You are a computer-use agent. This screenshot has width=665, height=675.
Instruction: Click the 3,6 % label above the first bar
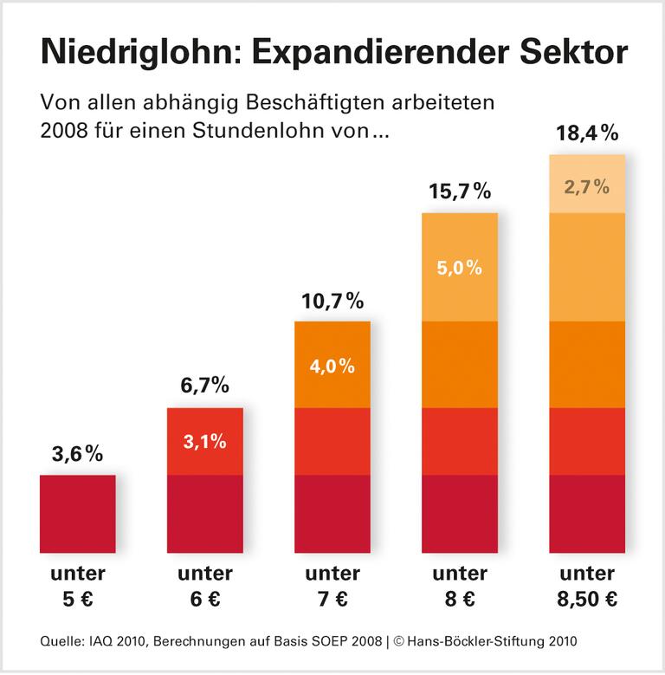pyautogui.click(x=78, y=454)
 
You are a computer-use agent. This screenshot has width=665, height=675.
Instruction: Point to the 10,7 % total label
pyautogui.click(x=332, y=302)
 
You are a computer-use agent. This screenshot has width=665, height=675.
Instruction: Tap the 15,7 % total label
pyautogui.click(x=460, y=192)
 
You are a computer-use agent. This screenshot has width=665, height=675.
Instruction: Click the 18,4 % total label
pyautogui.click(x=587, y=133)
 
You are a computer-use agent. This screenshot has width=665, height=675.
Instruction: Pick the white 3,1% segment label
pyautogui.click(x=205, y=441)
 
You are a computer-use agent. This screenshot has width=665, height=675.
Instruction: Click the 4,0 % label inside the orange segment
pyautogui.click(x=332, y=366)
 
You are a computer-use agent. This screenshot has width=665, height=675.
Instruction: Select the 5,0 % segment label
pyautogui.click(x=460, y=267)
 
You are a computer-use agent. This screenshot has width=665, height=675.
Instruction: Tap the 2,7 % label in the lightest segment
pyautogui.click(x=587, y=185)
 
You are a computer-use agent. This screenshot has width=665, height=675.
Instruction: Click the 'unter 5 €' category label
pyautogui.click(x=78, y=586)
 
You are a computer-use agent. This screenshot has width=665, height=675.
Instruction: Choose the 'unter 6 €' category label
pyautogui.click(x=205, y=586)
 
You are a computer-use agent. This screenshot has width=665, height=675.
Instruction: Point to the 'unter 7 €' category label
pyautogui.click(x=332, y=586)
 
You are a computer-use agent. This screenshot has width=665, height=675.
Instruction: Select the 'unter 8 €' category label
pyautogui.click(x=460, y=586)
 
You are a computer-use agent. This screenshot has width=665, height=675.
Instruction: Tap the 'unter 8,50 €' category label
pyautogui.click(x=587, y=586)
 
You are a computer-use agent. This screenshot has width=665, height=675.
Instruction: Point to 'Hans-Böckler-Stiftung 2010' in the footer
pyautogui.click(x=496, y=642)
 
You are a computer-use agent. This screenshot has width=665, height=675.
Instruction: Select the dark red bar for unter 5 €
pyautogui.click(x=78, y=514)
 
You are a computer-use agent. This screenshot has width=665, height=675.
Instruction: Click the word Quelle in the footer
pyautogui.click(x=59, y=642)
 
